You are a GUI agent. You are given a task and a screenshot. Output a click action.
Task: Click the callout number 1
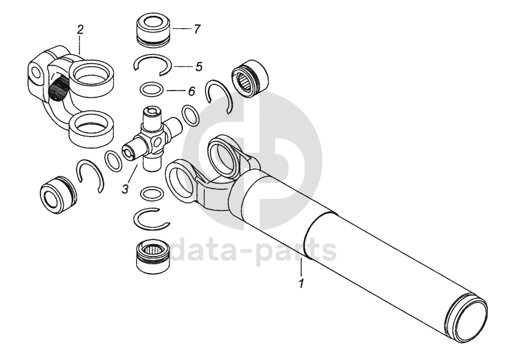tap(301, 284)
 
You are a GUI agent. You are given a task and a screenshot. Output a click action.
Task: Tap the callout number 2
tap(80, 29)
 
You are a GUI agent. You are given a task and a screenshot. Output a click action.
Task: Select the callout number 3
tap(125, 189)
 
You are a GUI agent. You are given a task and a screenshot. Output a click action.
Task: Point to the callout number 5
tap(199, 67)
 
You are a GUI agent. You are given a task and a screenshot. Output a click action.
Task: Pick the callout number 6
tap(192, 91)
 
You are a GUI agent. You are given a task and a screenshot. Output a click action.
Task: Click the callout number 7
tap(197, 29)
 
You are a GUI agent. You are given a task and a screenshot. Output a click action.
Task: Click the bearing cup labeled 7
tap(153, 31)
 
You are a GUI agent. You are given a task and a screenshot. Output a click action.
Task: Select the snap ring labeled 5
tap(152, 65)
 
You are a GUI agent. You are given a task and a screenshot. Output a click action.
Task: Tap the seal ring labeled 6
tap(152, 89)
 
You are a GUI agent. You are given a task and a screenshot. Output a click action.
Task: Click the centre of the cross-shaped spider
tap(152, 140)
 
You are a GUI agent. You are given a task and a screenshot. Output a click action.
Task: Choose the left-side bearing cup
tap(58, 194)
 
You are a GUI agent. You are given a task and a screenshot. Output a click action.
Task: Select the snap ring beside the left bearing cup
tap(91, 176)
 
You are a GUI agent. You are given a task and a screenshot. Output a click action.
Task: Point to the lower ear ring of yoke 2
tap(92, 127)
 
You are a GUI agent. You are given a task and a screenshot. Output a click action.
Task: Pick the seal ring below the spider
tap(152, 193)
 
